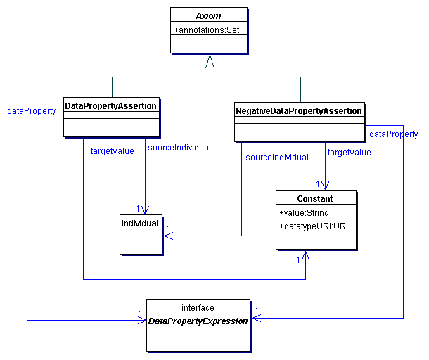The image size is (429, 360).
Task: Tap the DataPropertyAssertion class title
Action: [x=110, y=105]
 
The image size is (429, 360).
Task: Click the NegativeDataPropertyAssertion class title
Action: [x=299, y=110]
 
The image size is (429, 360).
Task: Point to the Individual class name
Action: [x=141, y=224]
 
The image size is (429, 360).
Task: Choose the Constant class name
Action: [x=315, y=199]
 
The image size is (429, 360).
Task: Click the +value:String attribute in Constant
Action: [x=304, y=212]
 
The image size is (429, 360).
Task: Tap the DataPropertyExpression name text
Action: [x=198, y=321]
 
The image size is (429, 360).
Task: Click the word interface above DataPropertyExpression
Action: [x=198, y=308]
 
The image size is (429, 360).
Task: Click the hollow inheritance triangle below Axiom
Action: [x=209, y=62]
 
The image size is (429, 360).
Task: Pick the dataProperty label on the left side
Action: [x=31, y=110]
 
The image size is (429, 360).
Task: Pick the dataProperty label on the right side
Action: [x=393, y=134]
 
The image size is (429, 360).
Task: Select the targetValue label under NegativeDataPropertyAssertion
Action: [x=350, y=152]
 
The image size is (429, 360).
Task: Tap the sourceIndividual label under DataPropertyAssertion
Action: [x=179, y=147]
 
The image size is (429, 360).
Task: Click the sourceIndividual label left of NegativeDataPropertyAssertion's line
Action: [x=276, y=157]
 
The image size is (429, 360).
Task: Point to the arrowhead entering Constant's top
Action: [x=326, y=185]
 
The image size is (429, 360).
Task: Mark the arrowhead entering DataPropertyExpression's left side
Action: [x=142, y=319]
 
